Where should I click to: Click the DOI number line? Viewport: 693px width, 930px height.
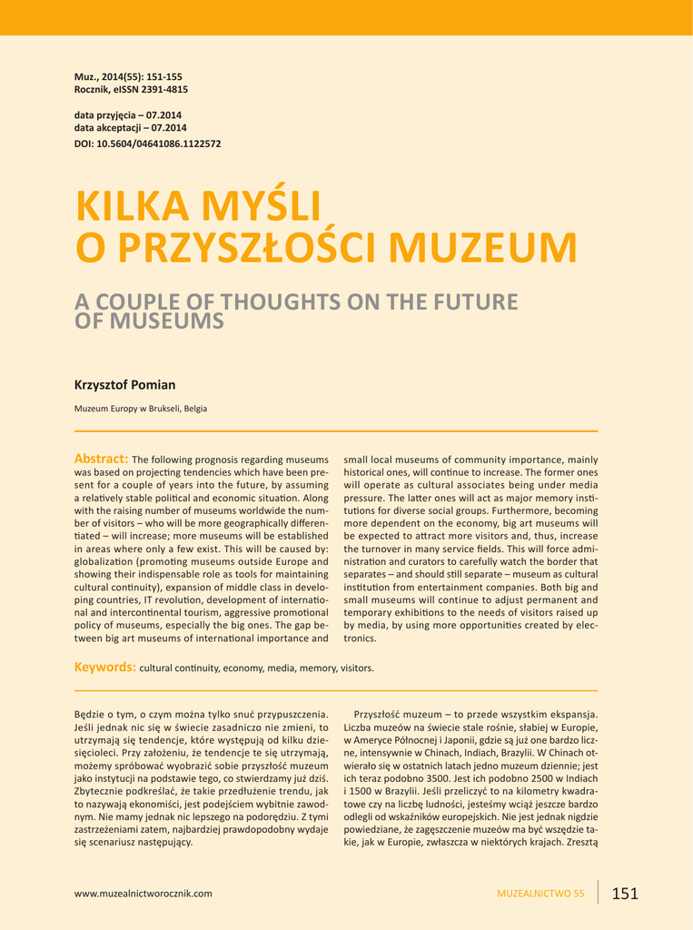coord(147,143)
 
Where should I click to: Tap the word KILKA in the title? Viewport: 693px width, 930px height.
coord(132,207)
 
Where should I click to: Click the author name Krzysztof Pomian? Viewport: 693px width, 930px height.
coord(124,385)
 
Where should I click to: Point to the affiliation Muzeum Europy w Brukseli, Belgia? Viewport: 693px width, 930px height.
coord(140,409)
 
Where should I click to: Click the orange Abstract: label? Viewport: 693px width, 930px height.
coord(101,459)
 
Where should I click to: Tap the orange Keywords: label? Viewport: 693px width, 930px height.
coord(104,668)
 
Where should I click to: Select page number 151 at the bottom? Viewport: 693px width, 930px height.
coord(625,894)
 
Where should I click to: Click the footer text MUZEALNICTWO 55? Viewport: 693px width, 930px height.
coord(540,894)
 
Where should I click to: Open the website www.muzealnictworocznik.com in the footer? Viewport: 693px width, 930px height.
coord(143,894)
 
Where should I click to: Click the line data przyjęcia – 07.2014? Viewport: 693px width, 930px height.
coord(128,115)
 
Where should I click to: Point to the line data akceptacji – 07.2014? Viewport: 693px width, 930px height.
coord(130,128)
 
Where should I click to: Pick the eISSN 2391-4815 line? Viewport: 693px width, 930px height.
coord(131,89)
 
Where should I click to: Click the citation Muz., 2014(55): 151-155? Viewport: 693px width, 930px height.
coord(128,76)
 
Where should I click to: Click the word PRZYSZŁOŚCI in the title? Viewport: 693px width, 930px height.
coord(243,248)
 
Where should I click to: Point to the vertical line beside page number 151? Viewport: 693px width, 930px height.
coord(599,892)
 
